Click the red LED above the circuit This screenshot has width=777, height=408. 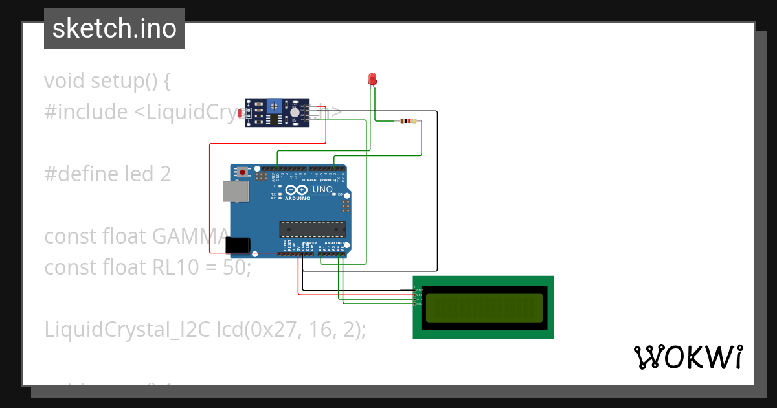click(x=372, y=79)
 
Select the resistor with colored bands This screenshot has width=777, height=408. click(x=408, y=120)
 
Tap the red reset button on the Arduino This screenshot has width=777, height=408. click(x=243, y=172)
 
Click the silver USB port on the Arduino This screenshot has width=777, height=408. click(x=234, y=192)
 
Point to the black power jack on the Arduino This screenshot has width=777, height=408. click(x=238, y=245)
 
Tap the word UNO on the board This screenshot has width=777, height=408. click(x=322, y=190)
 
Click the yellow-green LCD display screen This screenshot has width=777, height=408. click(x=484, y=308)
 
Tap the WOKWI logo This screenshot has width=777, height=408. click(x=688, y=357)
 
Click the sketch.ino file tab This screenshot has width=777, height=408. click(x=115, y=28)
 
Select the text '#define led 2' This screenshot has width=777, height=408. click(x=107, y=174)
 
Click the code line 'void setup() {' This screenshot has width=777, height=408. click(x=107, y=81)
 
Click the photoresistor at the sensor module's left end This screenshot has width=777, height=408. click(x=242, y=114)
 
